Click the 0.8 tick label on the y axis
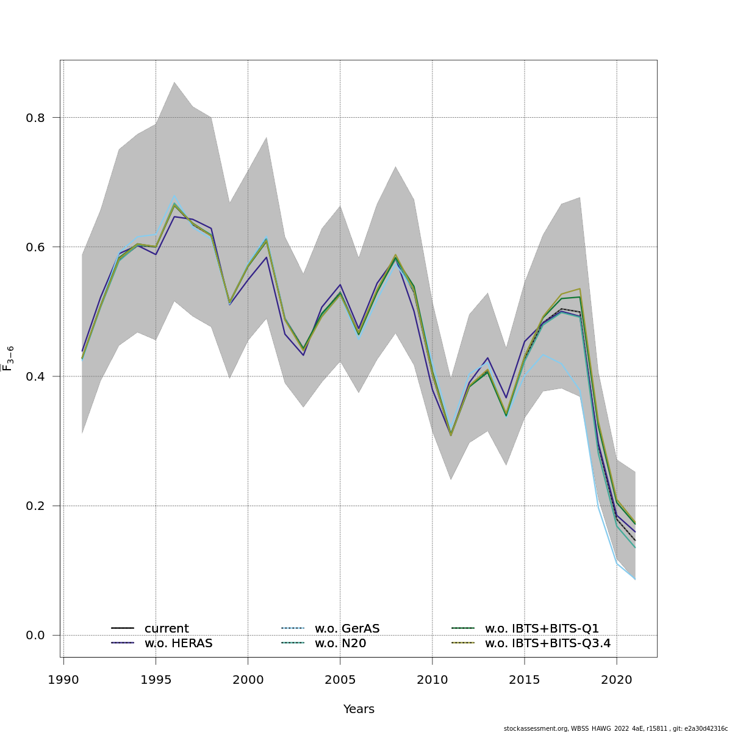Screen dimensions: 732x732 pyautogui.click(x=35, y=118)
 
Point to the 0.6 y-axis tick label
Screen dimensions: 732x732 pyautogui.click(x=35, y=247)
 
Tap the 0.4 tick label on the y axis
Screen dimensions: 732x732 pyautogui.click(x=35, y=376)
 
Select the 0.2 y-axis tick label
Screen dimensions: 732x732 pyautogui.click(x=35, y=506)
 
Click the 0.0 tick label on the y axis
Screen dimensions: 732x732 pyautogui.click(x=35, y=635)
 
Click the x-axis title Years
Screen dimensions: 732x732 pyautogui.click(x=359, y=709)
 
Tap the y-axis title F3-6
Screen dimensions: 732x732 pyautogui.click(x=9, y=358)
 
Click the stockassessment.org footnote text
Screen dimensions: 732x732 pyautogui.click(x=615, y=728)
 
